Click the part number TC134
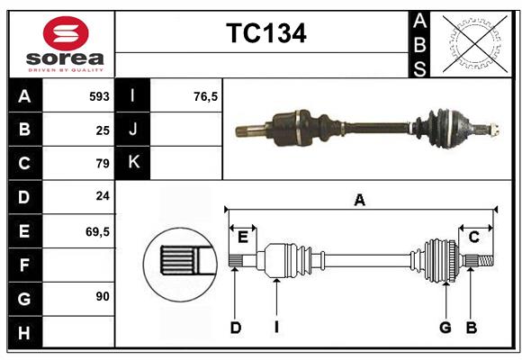click(x=265, y=33)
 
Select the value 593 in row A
click(x=99, y=96)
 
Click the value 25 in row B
click(x=103, y=130)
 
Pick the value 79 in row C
click(x=103, y=164)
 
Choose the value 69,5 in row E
click(x=97, y=231)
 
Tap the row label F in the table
click(x=24, y=265)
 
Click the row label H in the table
click(x=24, y=333)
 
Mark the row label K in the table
click(x=133, y=163)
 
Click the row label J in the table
click(x=133, y=130)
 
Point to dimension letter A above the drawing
click(x=359, y=201)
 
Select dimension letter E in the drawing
click(x=243, y=237)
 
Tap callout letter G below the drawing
click(x=445, y=328)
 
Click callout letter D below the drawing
click(x=236, y=328)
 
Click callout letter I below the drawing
click(x=276, y=328)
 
